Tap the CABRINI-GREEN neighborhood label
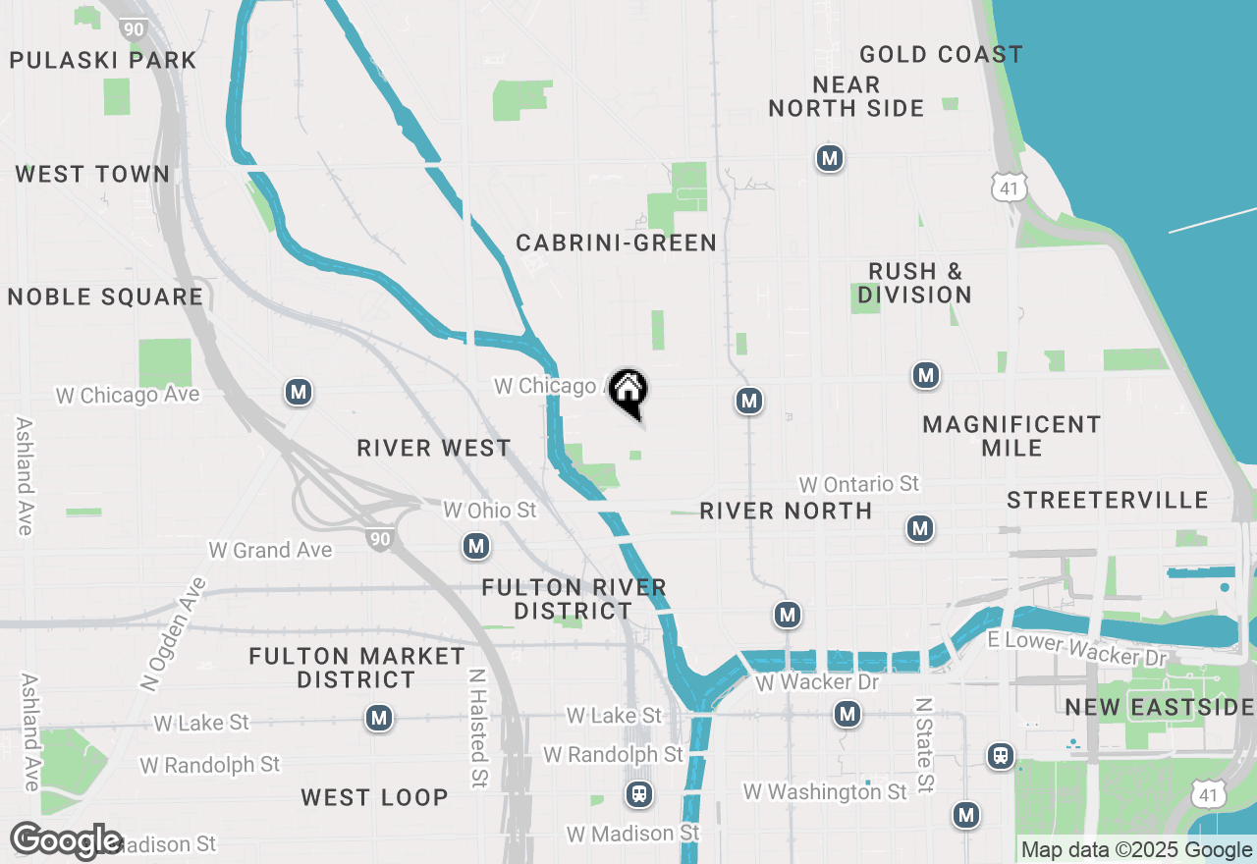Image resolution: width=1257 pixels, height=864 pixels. point(616,243)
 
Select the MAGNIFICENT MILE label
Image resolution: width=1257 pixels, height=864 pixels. point(1011,436)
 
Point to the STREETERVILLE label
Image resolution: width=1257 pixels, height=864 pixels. point(1108,501)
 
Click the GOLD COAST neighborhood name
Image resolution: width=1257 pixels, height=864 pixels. point(941,55)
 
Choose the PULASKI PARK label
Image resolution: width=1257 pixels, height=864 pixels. point(103,61)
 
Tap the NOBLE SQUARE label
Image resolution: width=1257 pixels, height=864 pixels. point(105,297)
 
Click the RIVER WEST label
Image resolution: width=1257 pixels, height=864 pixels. point(434,449)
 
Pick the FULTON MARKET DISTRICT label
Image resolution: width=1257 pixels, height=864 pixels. point(356,668)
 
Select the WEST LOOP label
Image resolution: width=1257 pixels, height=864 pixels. point(374,797)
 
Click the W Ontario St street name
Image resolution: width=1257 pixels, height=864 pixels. point(858,484)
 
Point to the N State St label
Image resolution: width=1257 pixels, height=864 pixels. point(923,745)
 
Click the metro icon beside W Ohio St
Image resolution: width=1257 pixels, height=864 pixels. point(476,546)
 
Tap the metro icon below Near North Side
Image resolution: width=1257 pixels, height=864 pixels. point(830,158)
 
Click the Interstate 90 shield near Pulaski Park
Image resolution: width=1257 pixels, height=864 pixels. point(135,27)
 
